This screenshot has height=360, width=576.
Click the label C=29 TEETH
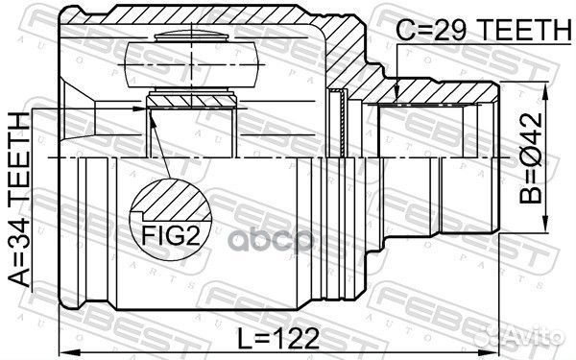click(x=483, y=30)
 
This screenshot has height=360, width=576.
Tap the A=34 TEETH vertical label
click(x=19, y=200)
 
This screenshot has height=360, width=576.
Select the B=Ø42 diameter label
click(x=531, y=158)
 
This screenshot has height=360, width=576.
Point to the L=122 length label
click(x=278, y=338)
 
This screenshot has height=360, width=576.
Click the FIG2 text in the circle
click(x=171, y=235)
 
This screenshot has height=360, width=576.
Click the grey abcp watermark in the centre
click(x=271, y=241)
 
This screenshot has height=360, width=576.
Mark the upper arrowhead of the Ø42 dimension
click(x=546, y=90)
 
